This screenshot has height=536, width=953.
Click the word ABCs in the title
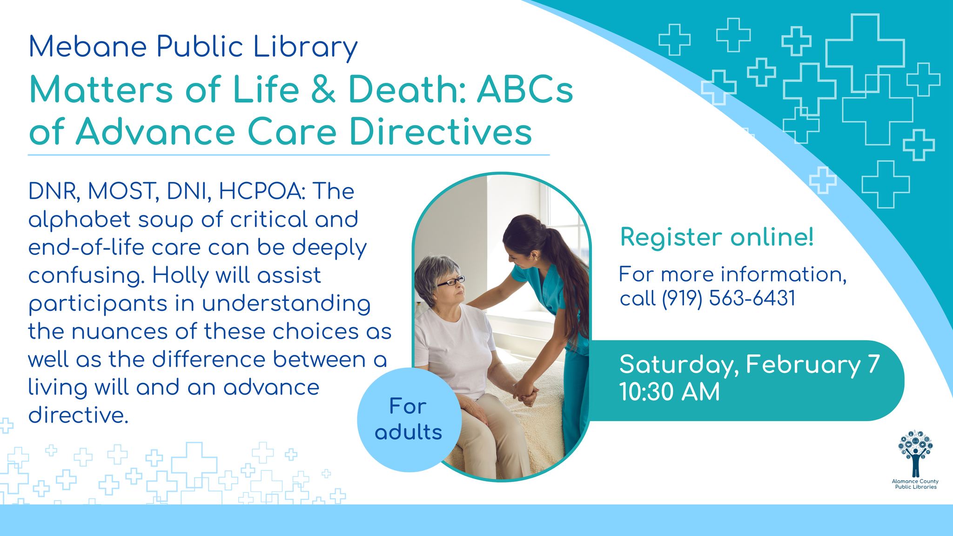(x=524, y=89)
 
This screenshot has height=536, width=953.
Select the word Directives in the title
(x=440, y=132)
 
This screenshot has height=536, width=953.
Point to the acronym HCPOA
(x=261, y=191)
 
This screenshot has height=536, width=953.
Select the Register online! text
(x=717, y=237)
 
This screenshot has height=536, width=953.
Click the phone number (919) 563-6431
(x=729, y=298)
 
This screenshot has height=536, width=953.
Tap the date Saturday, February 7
(x=749, y=364)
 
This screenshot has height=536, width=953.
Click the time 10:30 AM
(x=669, y=392)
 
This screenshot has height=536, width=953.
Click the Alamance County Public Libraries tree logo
(x=915, y=454)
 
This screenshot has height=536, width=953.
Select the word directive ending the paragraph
(x=77, y=415)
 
